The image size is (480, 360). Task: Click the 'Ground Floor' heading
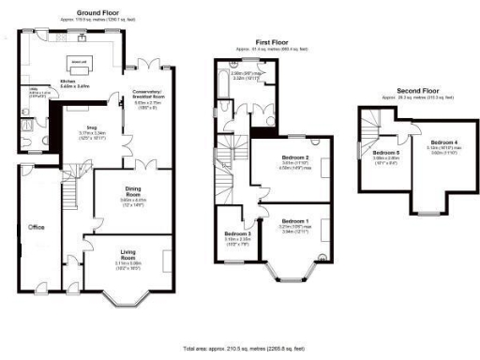82,12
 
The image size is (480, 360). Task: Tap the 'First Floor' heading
265,40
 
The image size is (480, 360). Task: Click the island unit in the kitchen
78,63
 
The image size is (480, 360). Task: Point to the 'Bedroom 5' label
385,151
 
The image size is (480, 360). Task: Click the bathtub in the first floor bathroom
219,95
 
